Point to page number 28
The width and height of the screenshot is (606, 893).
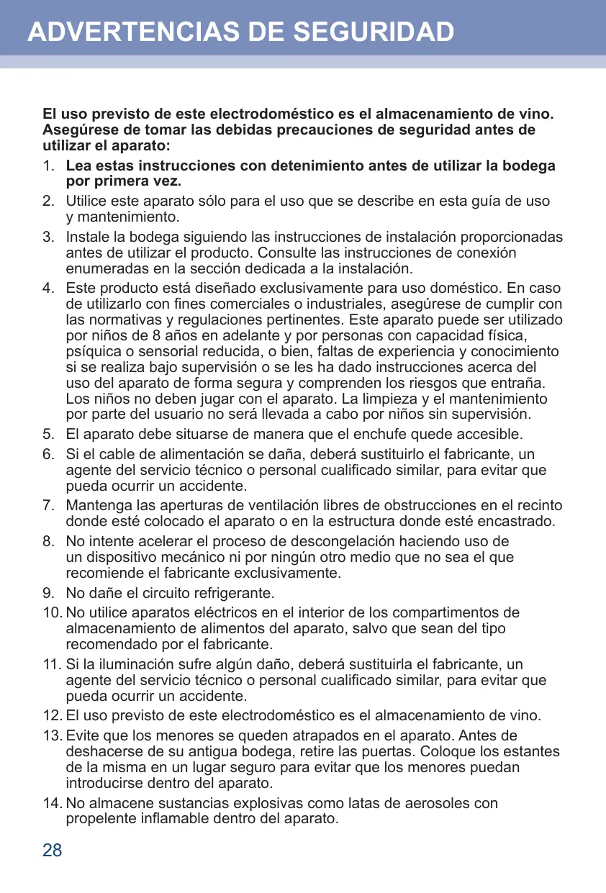(x=53, y=851)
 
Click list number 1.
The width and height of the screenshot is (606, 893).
(x=48, y=166)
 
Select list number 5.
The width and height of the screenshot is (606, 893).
(x=48, y=435)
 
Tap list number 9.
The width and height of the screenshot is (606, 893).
(x=48, y=594)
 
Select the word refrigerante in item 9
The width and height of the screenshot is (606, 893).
(x=237, y=594)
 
